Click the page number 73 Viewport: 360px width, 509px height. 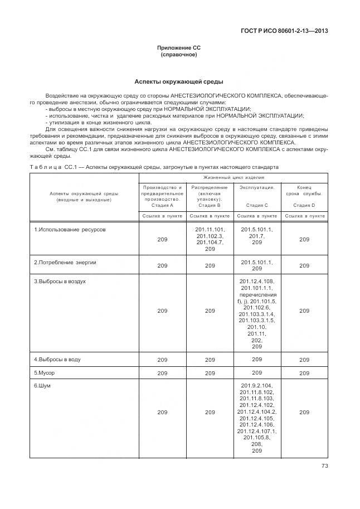(324, 467)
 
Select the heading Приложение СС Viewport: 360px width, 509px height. (179, 49)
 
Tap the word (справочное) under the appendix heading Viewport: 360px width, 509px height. (179, 56)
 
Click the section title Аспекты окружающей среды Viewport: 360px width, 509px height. (179, 81)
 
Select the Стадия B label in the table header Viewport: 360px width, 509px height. (210, 205)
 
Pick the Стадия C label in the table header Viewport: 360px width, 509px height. (257, 205)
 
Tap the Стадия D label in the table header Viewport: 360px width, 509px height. (304, 205)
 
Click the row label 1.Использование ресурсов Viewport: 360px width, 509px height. (69, 230)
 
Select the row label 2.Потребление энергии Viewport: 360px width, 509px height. (65, 261)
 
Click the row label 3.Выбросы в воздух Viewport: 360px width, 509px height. (60, 282)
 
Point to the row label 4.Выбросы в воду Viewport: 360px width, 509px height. (57, 360)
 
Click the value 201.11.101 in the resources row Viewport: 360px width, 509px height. (210, 230)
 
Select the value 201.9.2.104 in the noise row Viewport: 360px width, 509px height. (257, 386)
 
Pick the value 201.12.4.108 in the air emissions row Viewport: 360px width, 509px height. (257, 282)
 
